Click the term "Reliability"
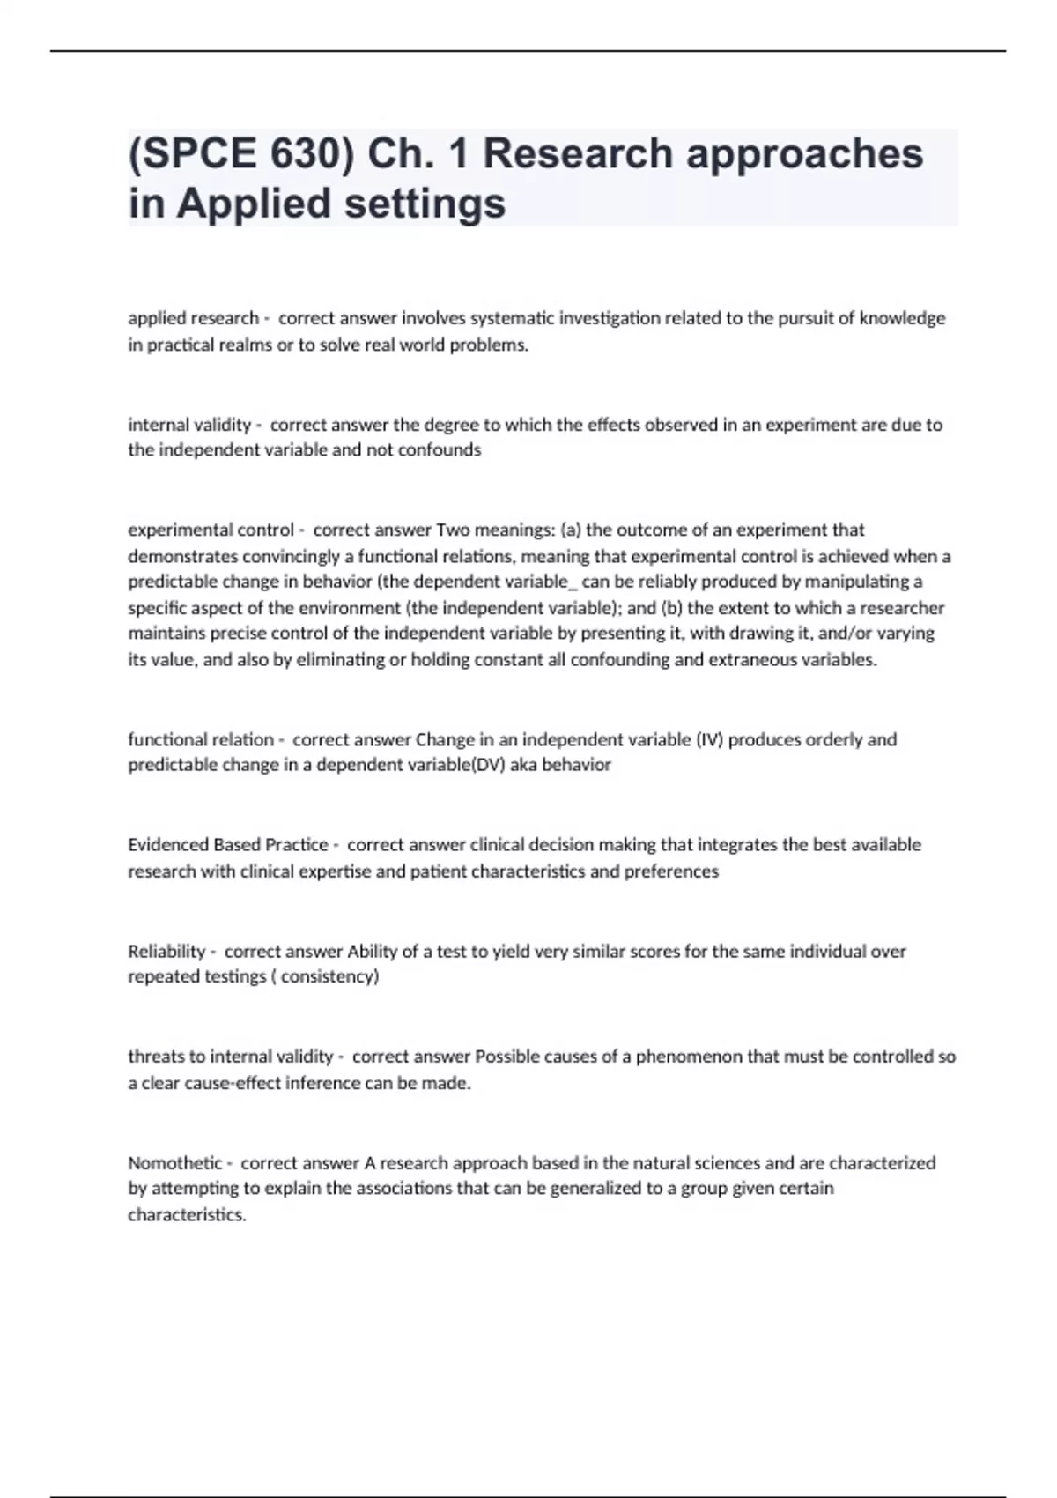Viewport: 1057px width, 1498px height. [166, 951]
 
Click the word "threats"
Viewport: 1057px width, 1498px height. [154, 1056]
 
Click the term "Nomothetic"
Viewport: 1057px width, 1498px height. [175, 1163]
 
